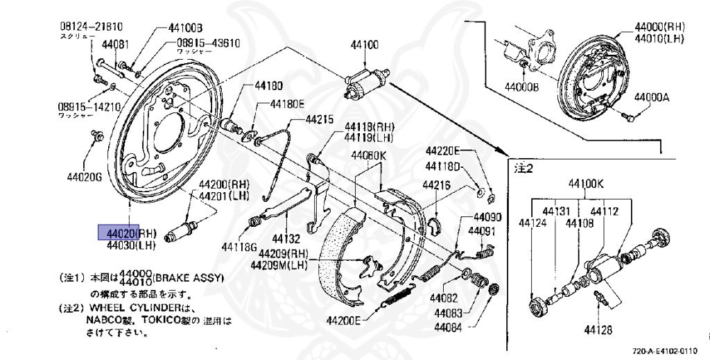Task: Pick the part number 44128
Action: click(x=598, y=329)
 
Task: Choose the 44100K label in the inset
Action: click(x=587, y=185)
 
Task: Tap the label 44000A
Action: click(x=652, y=98)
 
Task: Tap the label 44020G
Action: click(x=85, y=176)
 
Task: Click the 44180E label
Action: click(x=287, y=104)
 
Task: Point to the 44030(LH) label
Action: click(x=132, y=245)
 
